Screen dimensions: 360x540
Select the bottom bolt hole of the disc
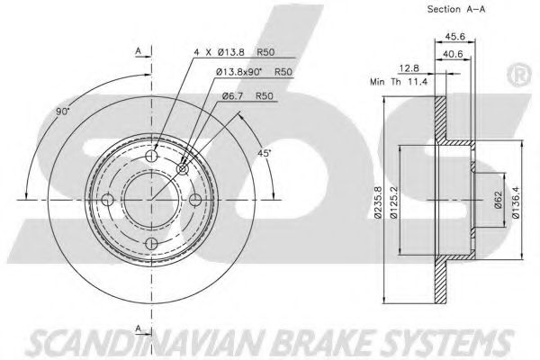(152, 244)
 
